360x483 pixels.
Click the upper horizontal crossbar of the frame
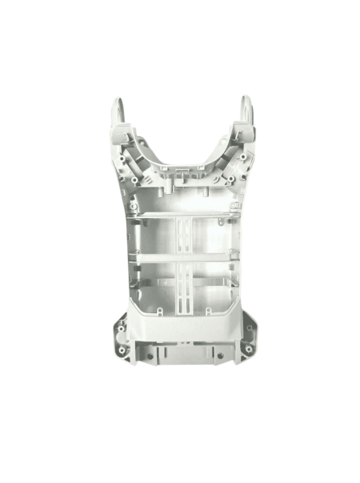pyautogui.click(x=181, y=217)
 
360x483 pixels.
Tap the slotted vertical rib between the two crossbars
pyautogui.click(x=181, y=237)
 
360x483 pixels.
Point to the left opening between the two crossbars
pyautogui.click(x=153, y=237)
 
